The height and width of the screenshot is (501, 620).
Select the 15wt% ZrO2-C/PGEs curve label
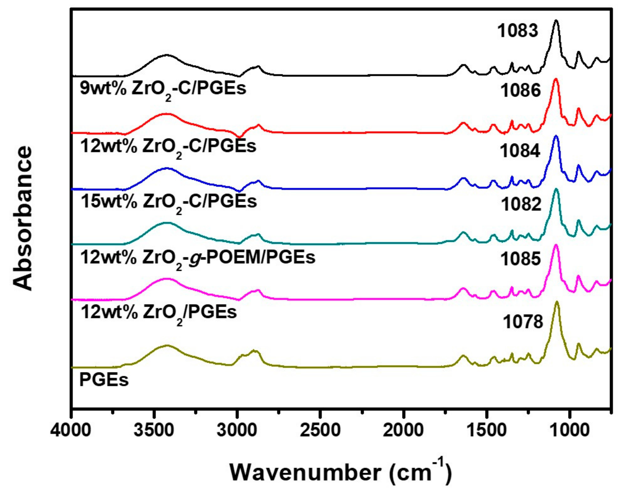pos(168,201)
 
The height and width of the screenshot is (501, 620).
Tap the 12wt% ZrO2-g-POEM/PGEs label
pos(198,257)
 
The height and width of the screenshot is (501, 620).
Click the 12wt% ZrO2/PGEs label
pos(158,312)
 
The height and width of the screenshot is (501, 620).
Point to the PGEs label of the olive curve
pos(104,380)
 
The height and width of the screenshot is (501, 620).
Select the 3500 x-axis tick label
pos(154,431)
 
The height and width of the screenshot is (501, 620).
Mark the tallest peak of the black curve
pos(556,28)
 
